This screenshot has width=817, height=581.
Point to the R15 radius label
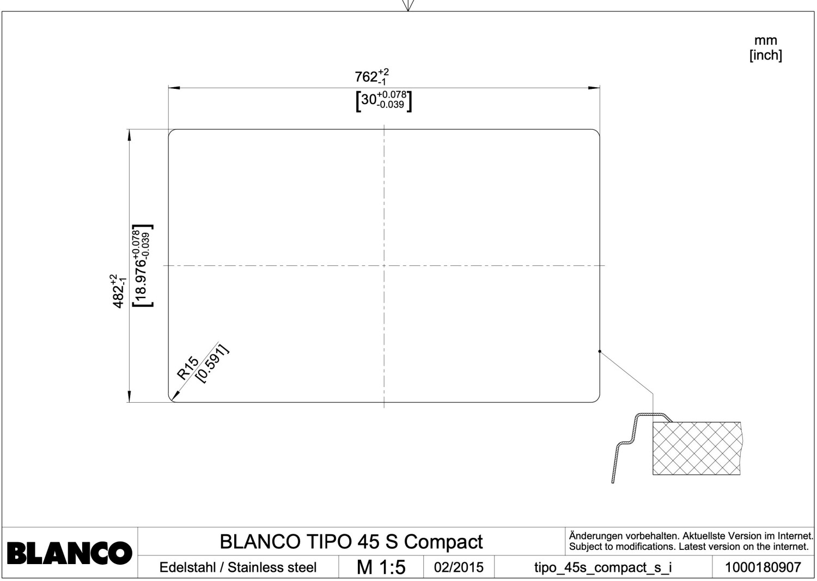(x=188, y=368)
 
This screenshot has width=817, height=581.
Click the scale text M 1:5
(x=381, y=567)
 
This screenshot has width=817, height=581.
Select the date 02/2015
(x=459, y=567)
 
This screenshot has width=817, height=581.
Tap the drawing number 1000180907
(x=763, y=567)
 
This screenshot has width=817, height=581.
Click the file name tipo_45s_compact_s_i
(x=603, y=568)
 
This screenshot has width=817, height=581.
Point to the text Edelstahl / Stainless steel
(x=238, y=567)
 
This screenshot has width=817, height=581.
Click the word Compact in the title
(x=443, y=542)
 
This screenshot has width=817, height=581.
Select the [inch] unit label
(x=766, y=56)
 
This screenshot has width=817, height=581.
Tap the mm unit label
(x=766, y=40)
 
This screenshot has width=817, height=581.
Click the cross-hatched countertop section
(x=697, y=449)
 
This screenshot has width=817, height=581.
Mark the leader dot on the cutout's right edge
(x=600, y=352)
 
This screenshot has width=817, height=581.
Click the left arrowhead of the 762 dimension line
(x=174, y=88)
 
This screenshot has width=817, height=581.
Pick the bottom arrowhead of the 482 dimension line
(x=129, y=397)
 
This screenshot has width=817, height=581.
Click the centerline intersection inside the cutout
(x=384, y=265)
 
